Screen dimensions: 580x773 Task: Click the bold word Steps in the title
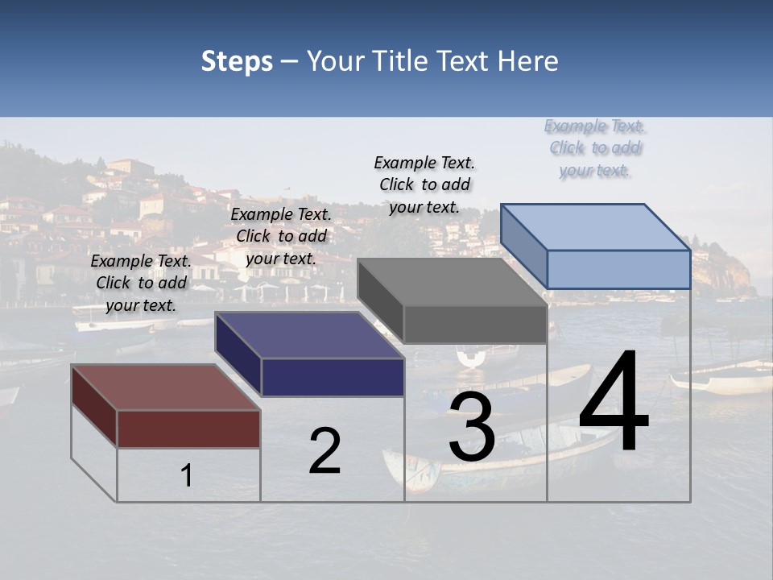(237, 61)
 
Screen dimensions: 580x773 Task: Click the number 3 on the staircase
(471, 427)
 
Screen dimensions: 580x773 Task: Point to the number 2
(324, 451)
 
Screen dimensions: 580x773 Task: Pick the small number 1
(187, 475)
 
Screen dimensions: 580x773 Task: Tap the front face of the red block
(188, 429)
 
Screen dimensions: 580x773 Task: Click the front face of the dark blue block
(333, 377)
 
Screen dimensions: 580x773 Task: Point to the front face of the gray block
(475, 325)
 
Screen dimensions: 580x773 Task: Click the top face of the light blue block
(595, 226)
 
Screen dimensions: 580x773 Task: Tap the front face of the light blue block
(618, 269)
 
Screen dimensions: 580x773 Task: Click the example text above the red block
(141, 283)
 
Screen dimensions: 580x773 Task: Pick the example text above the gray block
(424, 184)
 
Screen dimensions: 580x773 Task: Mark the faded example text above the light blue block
(595, 147)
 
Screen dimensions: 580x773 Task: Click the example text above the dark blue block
(281, 236)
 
